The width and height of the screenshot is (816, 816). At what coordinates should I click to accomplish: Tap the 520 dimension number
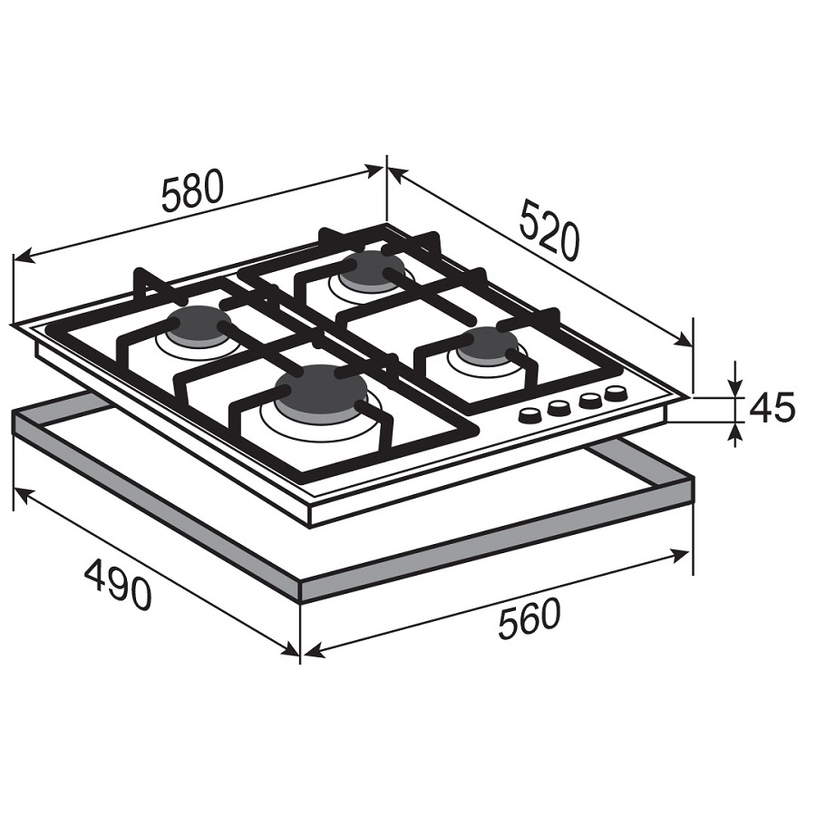[x=549, y=230]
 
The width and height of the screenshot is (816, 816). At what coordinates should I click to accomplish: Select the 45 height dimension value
[x=772, y=406]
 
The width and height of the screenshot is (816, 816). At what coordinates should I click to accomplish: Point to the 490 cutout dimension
[x=118, y=584]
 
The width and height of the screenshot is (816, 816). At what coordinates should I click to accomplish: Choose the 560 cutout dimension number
[x=529, y=619]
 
